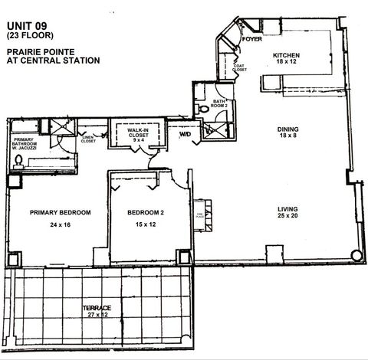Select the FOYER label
(252, 38)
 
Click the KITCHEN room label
(286, 56)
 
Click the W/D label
(185, 135)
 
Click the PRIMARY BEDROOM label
(60, 212)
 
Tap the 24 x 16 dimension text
(60, 225)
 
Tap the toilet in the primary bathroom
(18, 160)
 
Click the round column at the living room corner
(355, 255)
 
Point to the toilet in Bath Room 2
(203, 109)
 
